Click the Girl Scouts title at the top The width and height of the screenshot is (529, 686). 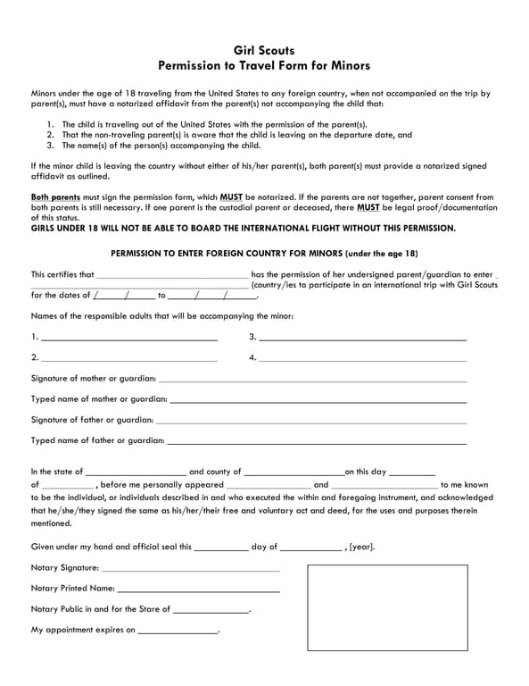pyautogui.click(x=263, y=51)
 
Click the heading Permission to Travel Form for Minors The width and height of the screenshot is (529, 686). pyautogui.click(x=263, y=66)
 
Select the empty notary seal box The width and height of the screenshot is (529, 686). pyautogui.click(x=387, y=607)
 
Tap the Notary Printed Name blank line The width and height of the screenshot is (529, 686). pyautogui.click(x=198, y=590)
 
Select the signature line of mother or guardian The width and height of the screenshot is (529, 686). pyautogui.click(x=312, y=381)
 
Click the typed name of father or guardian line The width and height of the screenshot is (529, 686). pyautogui.click(x=317, y=442)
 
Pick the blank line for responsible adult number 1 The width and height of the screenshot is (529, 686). pyautogui.click(x=129, y=339)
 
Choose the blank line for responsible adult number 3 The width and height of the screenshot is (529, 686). pyautogui.click(x=362, y=339)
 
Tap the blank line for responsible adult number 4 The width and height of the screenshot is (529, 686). pyautogui.click(x=362, y=360)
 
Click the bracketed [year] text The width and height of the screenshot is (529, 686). pyautogui.click(x=363, y=547)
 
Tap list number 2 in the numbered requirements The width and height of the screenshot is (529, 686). pyautogui.click(x=52, y=135)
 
